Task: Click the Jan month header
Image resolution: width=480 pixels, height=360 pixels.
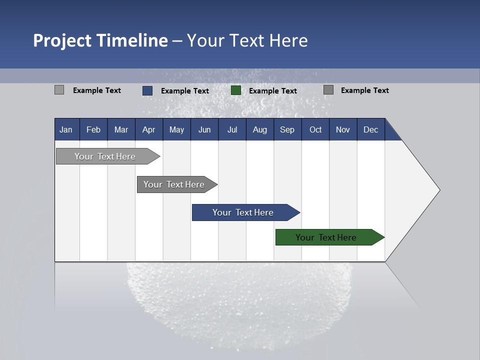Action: [66, 129]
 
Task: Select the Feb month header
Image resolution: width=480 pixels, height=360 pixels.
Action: [93, 129]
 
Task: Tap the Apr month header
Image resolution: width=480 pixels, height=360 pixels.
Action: [149, 129]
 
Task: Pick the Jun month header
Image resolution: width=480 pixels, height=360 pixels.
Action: [204, 129]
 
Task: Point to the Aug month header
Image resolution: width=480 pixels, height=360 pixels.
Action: [260, 129]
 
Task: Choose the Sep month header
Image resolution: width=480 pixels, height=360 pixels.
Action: [287, 129]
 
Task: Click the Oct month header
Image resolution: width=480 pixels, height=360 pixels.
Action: [315, 129]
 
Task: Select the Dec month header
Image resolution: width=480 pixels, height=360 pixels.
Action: [371, 129]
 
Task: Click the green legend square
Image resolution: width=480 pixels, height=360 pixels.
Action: [236, 90]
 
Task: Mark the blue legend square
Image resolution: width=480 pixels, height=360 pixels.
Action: [147, 90]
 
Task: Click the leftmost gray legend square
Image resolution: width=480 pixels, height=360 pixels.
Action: [59, 90]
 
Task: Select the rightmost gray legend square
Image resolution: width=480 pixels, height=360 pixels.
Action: [328, 90]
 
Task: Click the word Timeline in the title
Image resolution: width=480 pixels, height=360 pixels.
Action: [132, 40]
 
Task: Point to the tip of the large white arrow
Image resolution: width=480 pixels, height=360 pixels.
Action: [438, 190]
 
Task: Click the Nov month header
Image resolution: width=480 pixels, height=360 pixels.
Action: [343, 129]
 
